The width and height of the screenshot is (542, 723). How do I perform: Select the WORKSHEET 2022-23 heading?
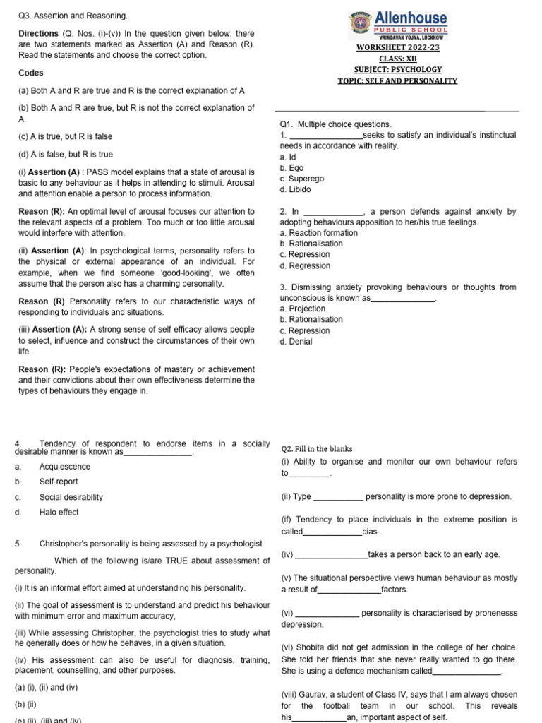[x=398, y=47]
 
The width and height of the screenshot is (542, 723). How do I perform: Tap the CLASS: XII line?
[x=398, y=58]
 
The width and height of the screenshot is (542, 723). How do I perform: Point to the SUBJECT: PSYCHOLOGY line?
[x=398, y=69]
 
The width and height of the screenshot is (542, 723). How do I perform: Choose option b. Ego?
[x=292, y=168]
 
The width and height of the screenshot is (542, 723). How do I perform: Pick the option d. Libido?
[x=295, y=189]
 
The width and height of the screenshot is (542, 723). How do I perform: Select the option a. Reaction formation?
[x=318, y=233]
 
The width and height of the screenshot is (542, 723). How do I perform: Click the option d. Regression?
[x=305, y=265]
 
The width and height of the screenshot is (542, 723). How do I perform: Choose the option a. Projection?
[x=303, y=309]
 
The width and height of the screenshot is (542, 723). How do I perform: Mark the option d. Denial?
[x=296, y=342]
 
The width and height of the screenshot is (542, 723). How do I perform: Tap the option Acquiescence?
[x=65, y=467]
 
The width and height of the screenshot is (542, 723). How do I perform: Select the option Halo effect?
[x=59, y=513]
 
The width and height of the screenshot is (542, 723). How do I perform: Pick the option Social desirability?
[x=71, y=497]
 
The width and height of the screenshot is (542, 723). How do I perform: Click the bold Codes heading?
[x=31, y=73]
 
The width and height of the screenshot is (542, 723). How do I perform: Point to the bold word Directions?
[x=38, y=33]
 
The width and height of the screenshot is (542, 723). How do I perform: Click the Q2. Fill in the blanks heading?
[x=317, y=448]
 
